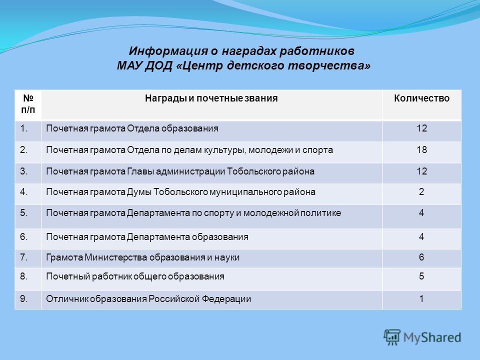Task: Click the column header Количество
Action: [421, 98]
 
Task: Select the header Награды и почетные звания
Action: [211, 98]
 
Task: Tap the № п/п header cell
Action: [28, 104]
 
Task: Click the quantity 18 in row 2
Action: [421, 149]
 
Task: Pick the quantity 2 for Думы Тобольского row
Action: [421, 192]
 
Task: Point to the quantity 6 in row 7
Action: [421, 257]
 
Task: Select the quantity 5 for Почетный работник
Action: [421, 276]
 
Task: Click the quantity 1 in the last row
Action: [421, 299]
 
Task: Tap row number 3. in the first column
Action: [24, 171]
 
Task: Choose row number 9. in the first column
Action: [24, 299]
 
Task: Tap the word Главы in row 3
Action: [140, 171]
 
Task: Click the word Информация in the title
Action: [168, 51]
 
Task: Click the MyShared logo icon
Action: [392, 337]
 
